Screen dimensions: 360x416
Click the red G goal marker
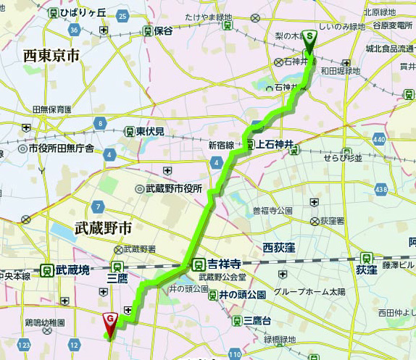(109, 319)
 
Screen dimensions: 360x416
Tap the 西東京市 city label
(51, 56)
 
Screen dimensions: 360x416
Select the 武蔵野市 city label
(103, 228)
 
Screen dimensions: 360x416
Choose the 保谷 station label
(162, 31)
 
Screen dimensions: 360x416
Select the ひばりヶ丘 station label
(83, 13)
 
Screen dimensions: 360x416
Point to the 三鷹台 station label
(251, 321)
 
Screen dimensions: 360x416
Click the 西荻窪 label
(281, 247)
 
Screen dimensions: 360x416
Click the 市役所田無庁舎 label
(61, 148)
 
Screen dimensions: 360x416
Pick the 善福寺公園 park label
(271, 211)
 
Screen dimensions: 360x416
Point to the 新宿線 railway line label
(221, 145)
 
